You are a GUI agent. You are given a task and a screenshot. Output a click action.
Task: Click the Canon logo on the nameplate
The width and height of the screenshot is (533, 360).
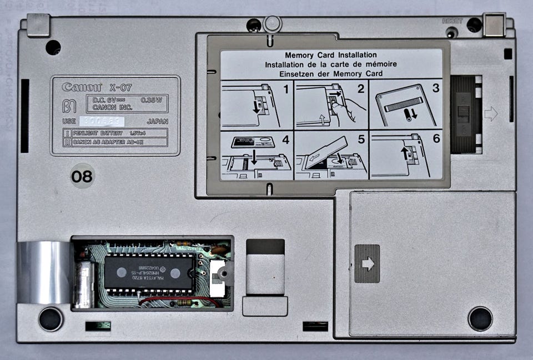[82, 87]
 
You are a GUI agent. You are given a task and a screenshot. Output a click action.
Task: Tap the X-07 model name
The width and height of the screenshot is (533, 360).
[121, 87]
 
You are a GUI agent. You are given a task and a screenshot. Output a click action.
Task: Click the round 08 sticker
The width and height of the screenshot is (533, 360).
[82, 177]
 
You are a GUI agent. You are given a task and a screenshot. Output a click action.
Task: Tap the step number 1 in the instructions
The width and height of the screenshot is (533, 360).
[285, 88]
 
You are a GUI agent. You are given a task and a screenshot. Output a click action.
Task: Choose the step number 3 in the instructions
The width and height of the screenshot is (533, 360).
[436, 88]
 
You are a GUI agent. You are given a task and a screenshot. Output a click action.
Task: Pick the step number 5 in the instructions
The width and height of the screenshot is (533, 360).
[361, 139]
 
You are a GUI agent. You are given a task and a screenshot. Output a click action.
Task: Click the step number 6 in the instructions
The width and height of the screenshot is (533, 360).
[436, 139]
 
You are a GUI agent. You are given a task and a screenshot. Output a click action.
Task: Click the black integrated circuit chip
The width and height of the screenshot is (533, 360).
[150, 272]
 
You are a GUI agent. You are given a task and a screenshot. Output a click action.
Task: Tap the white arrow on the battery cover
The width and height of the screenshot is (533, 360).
[368, 263]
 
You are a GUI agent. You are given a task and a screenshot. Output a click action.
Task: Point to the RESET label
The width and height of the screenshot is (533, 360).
[452, 21]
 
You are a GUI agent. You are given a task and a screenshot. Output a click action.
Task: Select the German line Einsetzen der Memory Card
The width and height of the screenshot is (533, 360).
[331, 73]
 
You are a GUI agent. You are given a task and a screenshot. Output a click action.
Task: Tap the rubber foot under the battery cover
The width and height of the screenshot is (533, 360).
[480, 318]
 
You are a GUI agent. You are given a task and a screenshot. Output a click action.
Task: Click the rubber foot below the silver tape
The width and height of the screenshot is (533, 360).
[51, 319]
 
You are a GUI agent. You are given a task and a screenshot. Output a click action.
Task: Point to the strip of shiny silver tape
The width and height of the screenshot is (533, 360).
[44, 272]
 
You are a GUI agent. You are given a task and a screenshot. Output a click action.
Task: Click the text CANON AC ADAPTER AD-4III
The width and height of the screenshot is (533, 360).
[112, 142]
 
